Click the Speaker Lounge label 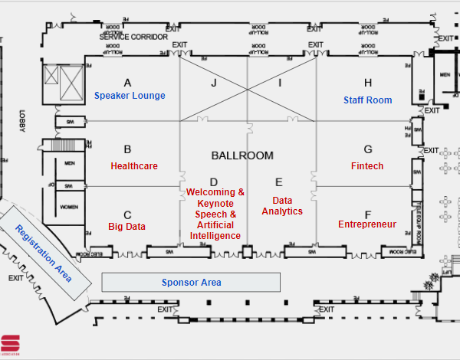[x=130, y=96]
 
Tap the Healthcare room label [x=134, y=165]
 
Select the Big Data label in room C [x=127, y=226]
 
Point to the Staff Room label [x=367, y=100]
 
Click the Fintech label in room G [x=367, y=165]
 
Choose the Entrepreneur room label [x=367, y=224]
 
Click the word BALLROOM [x=242, y=155]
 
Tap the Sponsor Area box [x=191, y=283]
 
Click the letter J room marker [x=215, y=82]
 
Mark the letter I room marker [x=280, y=82]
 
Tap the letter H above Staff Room [x=368, y=83]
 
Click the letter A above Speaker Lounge [x=127, y=82]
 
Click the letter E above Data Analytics [x=279, y=182]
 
